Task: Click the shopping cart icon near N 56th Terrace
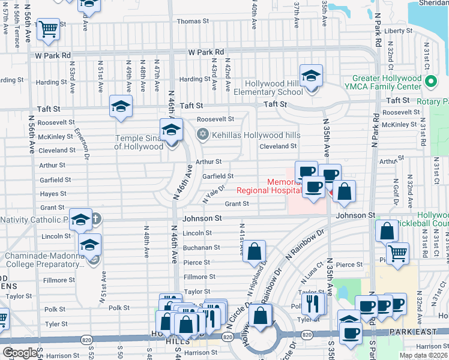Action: click(48, 28)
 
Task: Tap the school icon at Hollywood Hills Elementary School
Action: click(311, 76)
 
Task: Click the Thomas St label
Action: click(193, 21)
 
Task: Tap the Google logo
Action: click(20, 353)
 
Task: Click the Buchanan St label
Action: click(201, 247)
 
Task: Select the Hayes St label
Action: click(53, 194)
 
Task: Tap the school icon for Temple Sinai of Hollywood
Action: click(170, 130)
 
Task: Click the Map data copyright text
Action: click(423, 355)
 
